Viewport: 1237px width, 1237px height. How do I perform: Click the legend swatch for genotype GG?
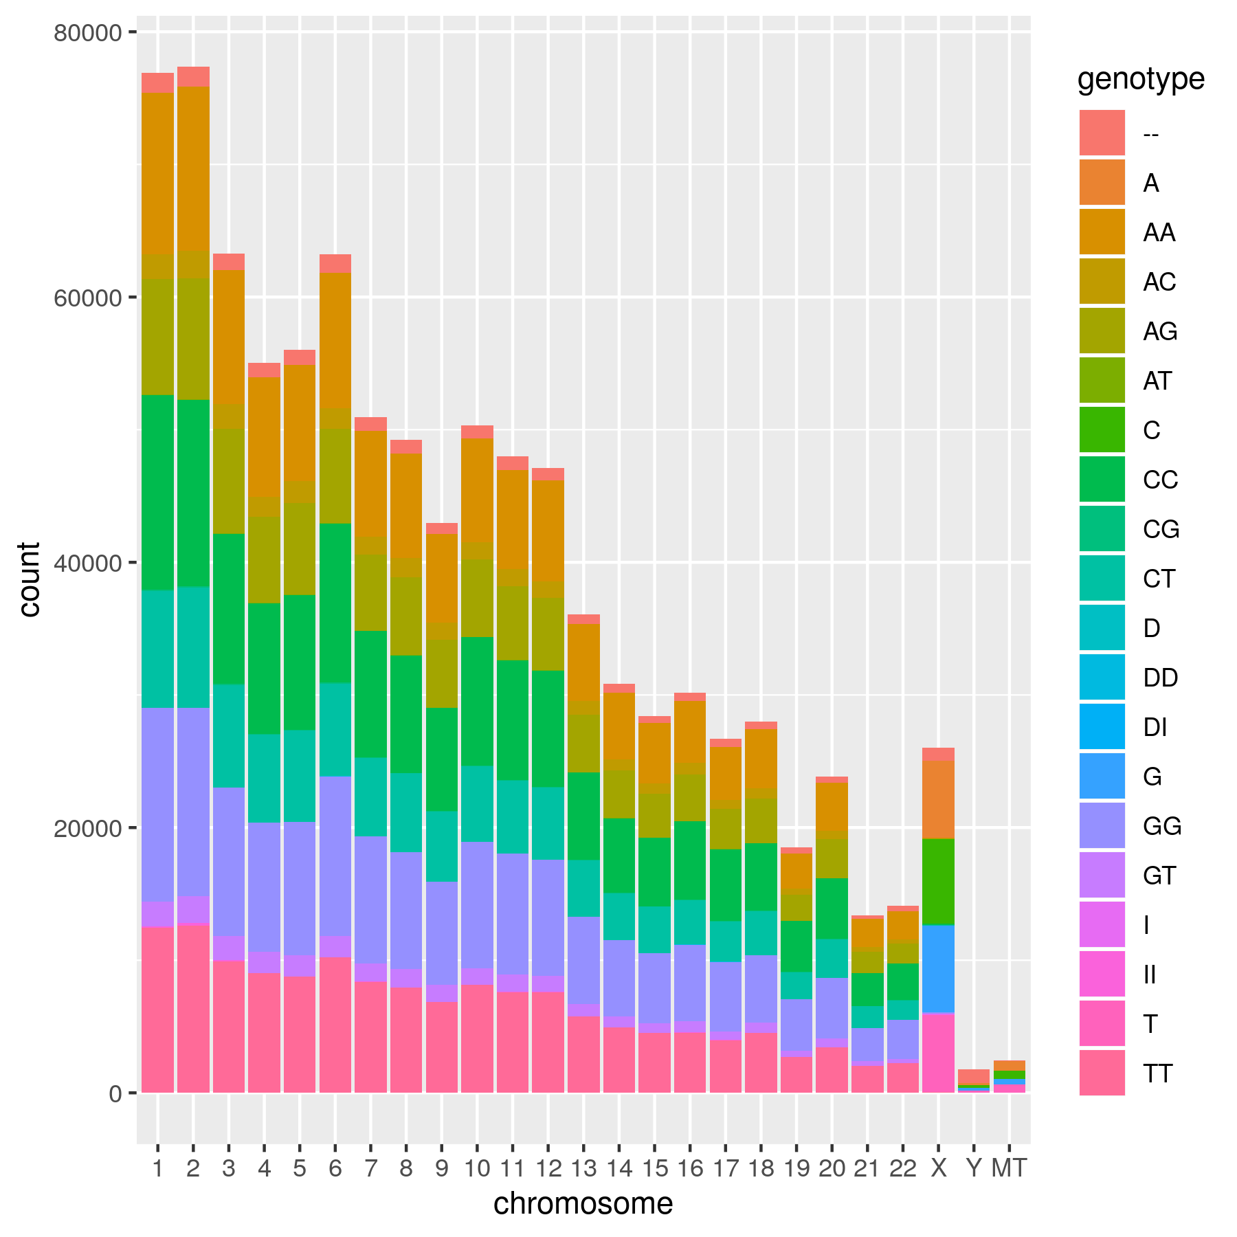1102,825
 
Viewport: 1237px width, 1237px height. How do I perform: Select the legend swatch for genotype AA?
1102,232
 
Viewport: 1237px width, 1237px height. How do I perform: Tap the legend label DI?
1155,727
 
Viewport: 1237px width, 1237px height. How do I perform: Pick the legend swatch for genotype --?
1102,133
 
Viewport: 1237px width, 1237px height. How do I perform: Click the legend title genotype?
1141,79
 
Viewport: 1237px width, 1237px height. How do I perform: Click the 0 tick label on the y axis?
115,1093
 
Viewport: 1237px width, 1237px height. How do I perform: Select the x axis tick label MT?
1009,1168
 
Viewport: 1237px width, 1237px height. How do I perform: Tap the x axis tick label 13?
583,1168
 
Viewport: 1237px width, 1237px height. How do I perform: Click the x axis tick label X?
938,1168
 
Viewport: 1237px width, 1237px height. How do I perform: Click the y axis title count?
30,579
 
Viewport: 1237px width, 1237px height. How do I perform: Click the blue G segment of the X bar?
938,969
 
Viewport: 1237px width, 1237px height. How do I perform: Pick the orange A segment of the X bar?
938,799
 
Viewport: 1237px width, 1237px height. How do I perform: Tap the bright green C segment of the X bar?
938,882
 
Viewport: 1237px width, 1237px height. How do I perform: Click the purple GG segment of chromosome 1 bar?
157,804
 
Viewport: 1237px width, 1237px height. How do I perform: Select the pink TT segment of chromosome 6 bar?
335,1024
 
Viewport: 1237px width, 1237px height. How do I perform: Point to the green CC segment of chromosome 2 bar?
193,493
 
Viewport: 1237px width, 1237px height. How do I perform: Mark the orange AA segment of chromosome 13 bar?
583,661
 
